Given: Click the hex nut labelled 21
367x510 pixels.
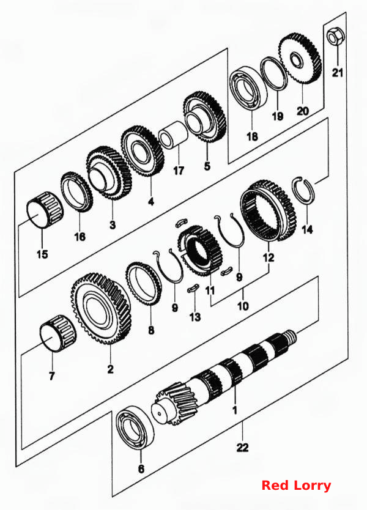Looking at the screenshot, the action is [335, 37].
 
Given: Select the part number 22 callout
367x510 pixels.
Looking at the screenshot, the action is [242, 448].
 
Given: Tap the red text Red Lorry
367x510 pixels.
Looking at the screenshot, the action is [296, 486].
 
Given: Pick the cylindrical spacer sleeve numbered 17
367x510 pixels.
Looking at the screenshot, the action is [174, 135].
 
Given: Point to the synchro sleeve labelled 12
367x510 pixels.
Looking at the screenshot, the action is [269, 211].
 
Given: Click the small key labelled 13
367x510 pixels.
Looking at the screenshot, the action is [194, 287].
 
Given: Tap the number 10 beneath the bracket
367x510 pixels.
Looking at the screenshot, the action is [243, 306].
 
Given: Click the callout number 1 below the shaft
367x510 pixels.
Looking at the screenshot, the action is [235, 410].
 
